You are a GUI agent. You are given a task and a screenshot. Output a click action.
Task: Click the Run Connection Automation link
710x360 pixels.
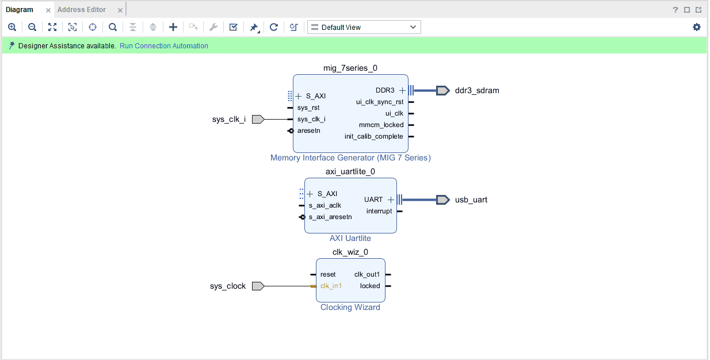(x=164, y=46)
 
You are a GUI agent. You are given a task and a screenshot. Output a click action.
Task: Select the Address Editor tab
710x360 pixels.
(x=82, y=10)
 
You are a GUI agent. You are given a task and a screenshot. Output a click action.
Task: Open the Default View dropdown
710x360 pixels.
(x=364, y=27)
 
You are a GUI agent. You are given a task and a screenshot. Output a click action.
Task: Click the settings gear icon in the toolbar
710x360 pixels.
(x=697, y=27)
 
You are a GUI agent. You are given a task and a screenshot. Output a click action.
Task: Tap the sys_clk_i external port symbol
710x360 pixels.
(x=258, y=119)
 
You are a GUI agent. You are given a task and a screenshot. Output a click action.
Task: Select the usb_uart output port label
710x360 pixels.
(x=471, y=200)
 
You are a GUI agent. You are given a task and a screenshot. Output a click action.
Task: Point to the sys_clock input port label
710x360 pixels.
(x=228, y=286)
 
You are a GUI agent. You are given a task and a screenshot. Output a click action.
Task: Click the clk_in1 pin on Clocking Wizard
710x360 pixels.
(x=331, y=286)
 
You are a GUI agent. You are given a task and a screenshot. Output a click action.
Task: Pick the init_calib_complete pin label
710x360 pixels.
(x=374, y=136)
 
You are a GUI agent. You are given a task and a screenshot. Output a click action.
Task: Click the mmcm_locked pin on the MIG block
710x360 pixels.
(x=381, y=125)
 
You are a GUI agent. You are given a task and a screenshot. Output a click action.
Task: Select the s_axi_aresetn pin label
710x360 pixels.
(x=330, y=217)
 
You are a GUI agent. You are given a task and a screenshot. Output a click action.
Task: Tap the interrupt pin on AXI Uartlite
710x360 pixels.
(x=379, y=211)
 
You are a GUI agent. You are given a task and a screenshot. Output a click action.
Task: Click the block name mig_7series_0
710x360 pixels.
(x=350, y=68)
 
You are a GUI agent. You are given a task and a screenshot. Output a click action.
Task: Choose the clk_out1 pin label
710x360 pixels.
(x=367, y=274)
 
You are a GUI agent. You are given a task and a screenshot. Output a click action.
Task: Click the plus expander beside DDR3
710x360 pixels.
(x=402, y=90)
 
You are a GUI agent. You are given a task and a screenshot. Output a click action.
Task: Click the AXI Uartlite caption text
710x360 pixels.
(x=350, y=238)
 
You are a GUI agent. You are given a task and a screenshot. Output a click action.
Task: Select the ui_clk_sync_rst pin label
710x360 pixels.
(x=380, y=102)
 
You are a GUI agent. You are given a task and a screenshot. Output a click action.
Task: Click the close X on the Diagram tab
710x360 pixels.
(x=48, y=10)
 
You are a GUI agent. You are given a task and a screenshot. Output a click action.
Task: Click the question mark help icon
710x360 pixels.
(x=675, y=10)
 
